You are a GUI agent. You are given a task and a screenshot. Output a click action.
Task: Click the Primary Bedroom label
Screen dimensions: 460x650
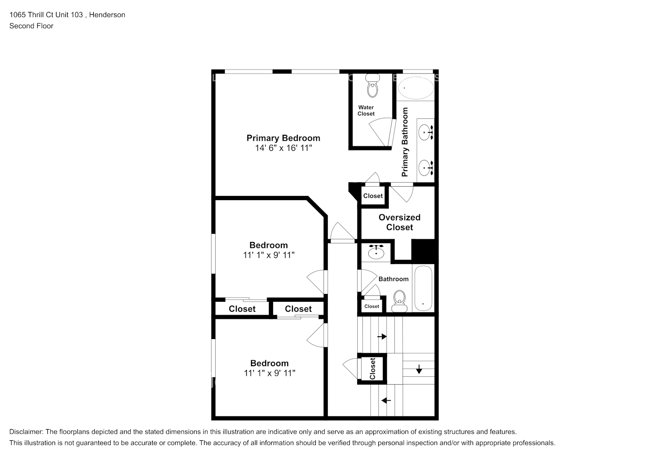pyautogui.click(x=283, y=138)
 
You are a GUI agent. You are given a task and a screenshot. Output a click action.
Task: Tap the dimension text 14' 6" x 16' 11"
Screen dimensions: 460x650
pyautogui.click(x=283, y=148)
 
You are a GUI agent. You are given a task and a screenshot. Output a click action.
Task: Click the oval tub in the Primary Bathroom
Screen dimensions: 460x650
pyautogui.click(x=415, y=87)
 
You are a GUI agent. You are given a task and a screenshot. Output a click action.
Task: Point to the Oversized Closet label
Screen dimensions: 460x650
pyautogui.click(x=399, y=222)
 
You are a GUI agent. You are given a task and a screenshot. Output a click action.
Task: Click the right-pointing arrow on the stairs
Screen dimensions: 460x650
pyautogui.click(x=382, y=337)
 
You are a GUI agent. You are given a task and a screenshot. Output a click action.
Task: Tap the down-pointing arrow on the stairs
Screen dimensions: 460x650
pyautogui.click(x=419, y=369)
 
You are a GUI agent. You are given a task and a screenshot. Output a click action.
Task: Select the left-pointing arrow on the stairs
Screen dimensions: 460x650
pyautogui.click(x=386, y=400)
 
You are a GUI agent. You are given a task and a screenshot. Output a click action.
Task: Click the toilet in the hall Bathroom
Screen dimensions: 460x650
pyautogui.click(x=399, y=300)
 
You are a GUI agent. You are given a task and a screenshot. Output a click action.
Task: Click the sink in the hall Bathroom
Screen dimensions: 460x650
pyautogui.click(x=376, y=252)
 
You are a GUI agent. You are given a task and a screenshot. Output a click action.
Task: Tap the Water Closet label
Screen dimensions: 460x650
pyautogui.click(x=366, y=110)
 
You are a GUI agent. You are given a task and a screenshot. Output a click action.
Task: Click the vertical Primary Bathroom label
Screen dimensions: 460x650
pyautogui.click(x=405, y=142)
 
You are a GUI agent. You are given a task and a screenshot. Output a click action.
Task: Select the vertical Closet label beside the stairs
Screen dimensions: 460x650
pyautogui.click(x=372, y=368)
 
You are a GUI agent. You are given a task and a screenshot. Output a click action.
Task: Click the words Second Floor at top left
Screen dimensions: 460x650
pyautogui.click(x=31, y=26)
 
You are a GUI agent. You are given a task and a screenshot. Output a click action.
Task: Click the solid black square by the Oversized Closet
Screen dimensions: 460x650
pyautogui.click(x=423, y=250)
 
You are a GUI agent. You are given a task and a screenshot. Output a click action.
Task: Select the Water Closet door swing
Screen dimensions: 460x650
pyautogui.click(x=382, y=131)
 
